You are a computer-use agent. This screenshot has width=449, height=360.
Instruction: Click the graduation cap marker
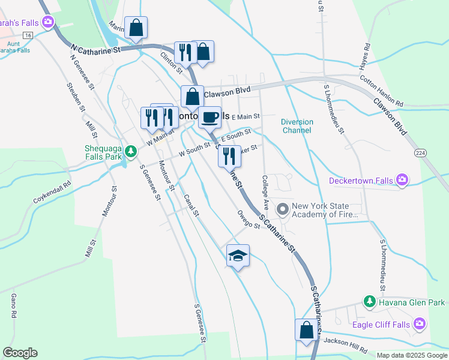238,256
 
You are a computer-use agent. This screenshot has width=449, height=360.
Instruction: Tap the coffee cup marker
209,117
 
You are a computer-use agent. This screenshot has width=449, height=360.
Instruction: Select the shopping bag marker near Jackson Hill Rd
306,329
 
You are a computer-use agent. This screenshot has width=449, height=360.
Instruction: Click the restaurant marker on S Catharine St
229,156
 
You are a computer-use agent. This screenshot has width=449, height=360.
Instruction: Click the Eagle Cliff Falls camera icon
419,325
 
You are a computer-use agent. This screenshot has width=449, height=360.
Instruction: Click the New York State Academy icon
282,210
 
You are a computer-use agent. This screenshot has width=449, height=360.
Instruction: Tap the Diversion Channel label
297,126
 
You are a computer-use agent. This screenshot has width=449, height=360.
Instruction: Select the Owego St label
248,220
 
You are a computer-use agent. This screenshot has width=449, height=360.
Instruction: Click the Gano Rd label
13,306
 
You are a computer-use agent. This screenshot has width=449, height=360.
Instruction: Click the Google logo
20,353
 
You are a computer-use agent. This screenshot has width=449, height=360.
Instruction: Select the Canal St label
191,206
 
